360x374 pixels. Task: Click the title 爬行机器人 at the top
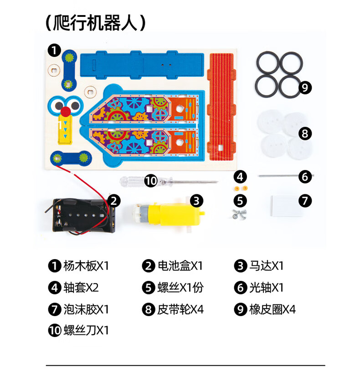coord(95,22)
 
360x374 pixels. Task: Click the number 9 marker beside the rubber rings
coord(305,87)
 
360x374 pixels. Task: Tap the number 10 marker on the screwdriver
coord(151,181)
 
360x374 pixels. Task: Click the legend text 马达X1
coord(267,265)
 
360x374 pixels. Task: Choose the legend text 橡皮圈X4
coord(273,309)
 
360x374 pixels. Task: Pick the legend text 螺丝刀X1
coord(86,330)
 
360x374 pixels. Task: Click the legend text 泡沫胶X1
coord(86,309)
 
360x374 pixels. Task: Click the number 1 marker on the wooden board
coord(55,50)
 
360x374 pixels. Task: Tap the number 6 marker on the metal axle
coord(305,176)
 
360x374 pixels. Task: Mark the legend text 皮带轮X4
coord(180,309)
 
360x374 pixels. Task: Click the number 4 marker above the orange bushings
coord(241,177)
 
